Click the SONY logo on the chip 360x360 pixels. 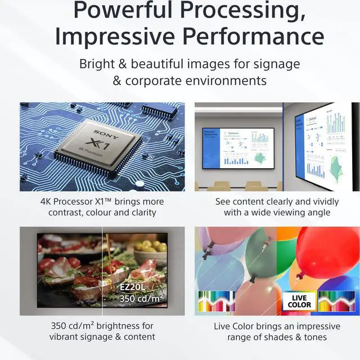[x=103, y=133]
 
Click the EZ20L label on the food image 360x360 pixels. [x=133, y=287]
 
